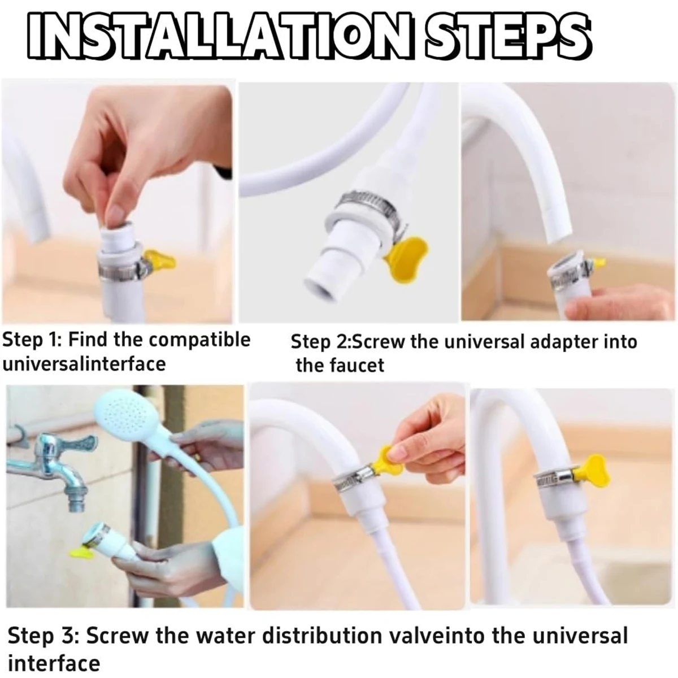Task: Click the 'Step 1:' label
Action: [32, 341]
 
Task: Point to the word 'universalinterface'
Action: [84, 364]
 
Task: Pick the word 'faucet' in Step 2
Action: [358, 366]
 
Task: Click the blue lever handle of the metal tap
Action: [80, 443]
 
